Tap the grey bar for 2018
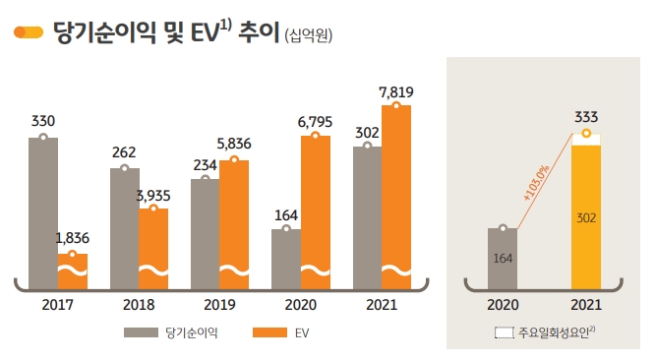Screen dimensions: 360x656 tap(124, 227)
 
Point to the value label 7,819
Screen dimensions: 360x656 tap(396, 92)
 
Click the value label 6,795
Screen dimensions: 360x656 tap(316, 123)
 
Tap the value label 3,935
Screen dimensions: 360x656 tap(153, 196)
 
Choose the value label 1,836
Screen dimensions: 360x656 tap(73, 239)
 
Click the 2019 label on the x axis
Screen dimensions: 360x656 tap(219, 305)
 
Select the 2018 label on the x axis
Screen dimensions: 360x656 tap(139, 305)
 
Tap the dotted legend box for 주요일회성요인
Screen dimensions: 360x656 tap(504, 333)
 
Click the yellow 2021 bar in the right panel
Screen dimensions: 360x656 tap(586, 216)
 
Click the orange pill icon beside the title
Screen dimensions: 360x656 tap(29, 32)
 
